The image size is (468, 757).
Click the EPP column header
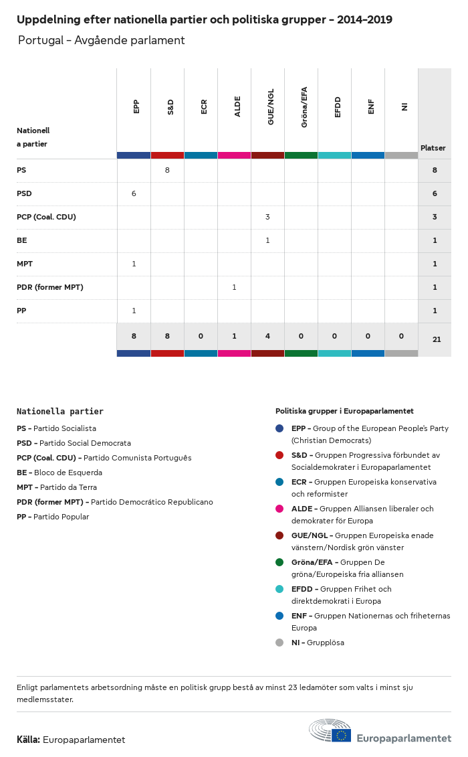click(136, 106)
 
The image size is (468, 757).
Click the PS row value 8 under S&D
click(167, 170)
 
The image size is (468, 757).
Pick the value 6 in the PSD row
click(134, 193)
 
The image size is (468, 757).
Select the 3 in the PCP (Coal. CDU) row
click(267, 217)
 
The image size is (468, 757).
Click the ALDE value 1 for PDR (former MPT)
click(234, 287)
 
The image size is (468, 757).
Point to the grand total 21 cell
click(437, 339)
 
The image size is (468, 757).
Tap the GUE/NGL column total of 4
click(267, 336)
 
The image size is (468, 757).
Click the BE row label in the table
click(22, 240)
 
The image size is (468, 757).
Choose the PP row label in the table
click(22, 311)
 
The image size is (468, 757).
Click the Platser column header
click(433, 148)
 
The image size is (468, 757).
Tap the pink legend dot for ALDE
click(279, 509)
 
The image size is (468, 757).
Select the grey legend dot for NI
click(279, 643)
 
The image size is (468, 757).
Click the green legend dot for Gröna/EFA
click(279, 562)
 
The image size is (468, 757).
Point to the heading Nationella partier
click(60, 412)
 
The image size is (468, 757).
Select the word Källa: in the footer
click(29, 740)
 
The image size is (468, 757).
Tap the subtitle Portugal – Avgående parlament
click(102, 41)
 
